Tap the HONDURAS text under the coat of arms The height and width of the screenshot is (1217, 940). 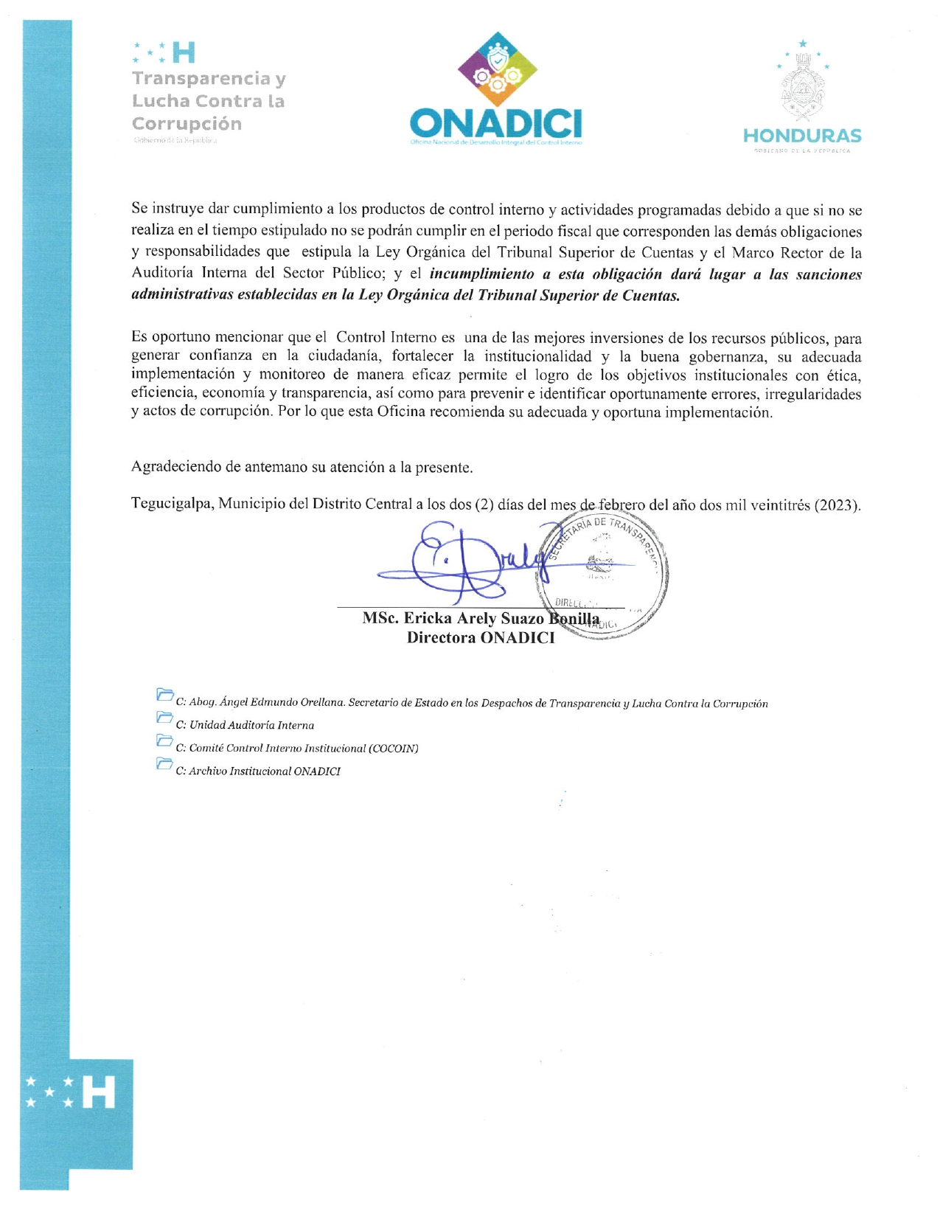click(802, 136)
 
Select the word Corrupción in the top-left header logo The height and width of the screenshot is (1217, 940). click(187, 124)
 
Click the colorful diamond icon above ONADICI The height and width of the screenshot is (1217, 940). click(497, 69)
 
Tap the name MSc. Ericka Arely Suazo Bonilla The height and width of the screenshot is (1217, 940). click(481, 619)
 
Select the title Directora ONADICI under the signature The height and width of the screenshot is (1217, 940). click(481, 638)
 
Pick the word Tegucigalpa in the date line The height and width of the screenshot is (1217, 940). click(172, 505)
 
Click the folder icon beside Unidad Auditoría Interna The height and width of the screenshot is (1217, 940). click(164, 717)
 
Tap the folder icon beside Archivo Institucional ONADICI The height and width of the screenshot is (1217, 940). click(164, 763)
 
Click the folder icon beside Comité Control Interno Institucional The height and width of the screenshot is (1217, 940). click(164, 740)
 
